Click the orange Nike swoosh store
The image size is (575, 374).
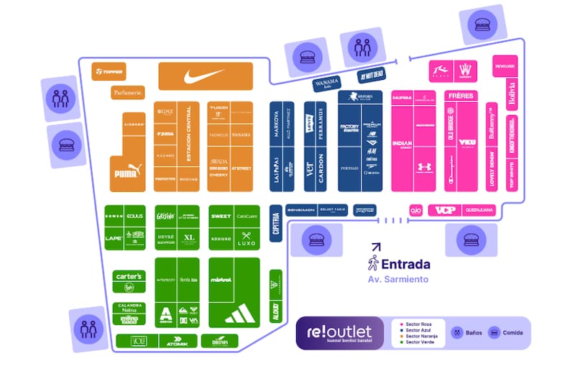[205, 76]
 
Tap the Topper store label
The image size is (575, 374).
[109, 71]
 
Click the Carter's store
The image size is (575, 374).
[129, 276]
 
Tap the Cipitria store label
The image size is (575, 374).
[275, 223]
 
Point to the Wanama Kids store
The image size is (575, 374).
[331, 83]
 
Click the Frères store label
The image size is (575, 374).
[461, 96]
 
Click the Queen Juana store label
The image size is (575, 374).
[479, 211]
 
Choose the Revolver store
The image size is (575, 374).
[505, 66]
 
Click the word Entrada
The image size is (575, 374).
[406, 264]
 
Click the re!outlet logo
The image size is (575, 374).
[339, 333]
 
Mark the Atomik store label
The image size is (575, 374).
[178, 342]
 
